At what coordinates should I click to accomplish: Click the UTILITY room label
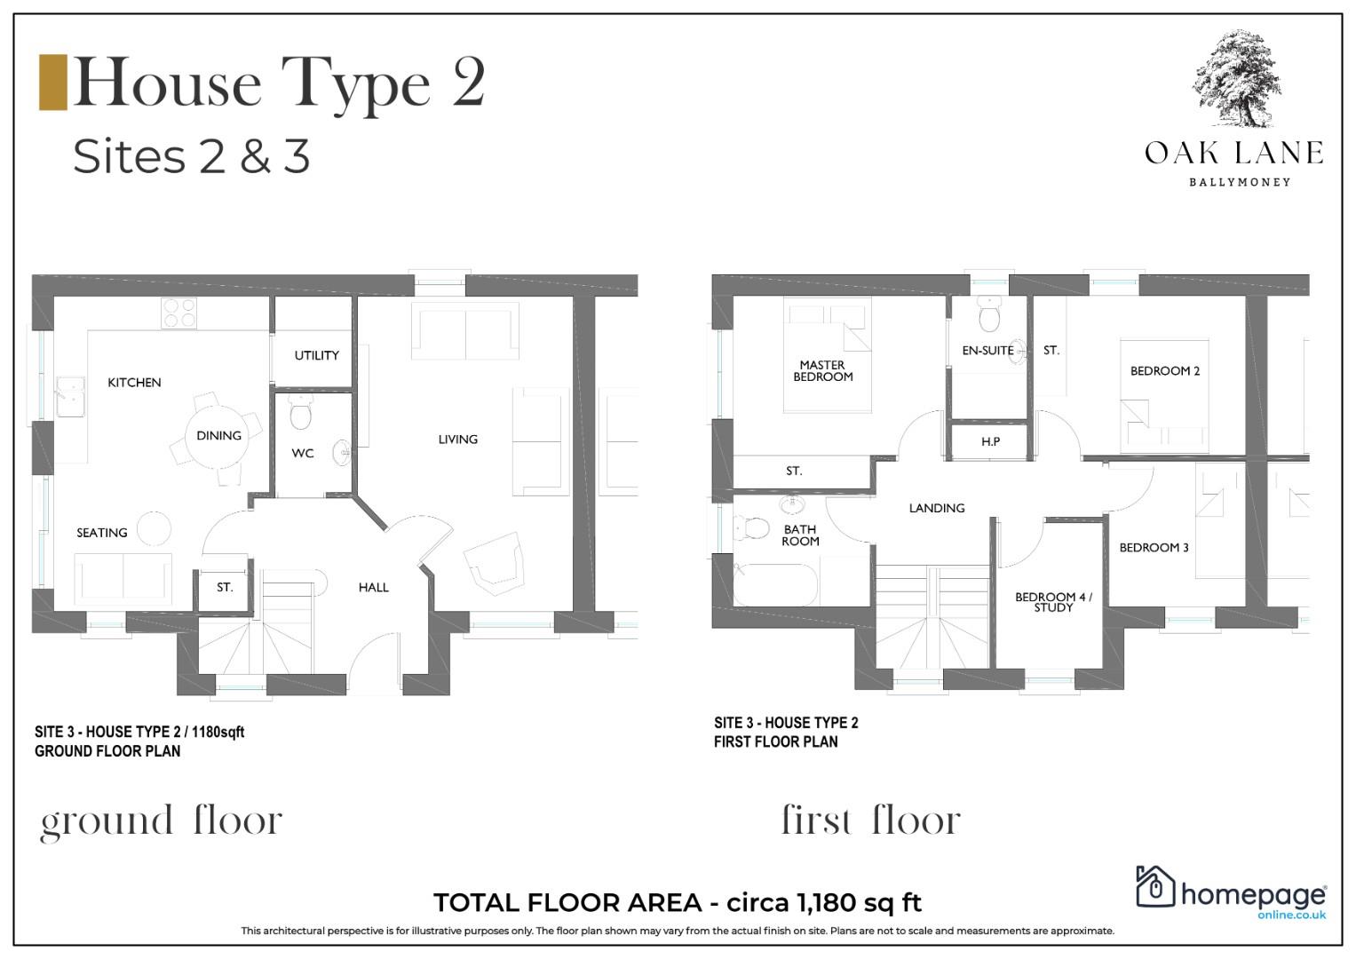pos(317,355)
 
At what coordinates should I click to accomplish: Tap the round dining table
pos(217,435)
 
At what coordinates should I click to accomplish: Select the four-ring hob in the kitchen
pos(178,313)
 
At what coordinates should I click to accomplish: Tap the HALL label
pos(374,587)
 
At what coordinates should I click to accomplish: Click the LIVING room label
pos(457,440)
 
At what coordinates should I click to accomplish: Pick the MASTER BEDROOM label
pos(822,370)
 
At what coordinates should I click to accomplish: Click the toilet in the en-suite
pos(989,314)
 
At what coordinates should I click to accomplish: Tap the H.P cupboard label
pos(990,442)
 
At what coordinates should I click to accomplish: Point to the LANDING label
pos(937,509)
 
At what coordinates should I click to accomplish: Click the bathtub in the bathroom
pos(776,583)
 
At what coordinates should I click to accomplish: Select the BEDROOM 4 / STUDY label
pos(1053,602)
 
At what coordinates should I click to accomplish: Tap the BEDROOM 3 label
pos(1154,548)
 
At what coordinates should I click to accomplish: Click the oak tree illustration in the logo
pos(1236,79)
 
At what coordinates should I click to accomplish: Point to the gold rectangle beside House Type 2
pos(52,83)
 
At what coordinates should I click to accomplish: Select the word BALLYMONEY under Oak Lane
pos(1240,182)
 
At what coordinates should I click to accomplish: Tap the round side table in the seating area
pos(154,528)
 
